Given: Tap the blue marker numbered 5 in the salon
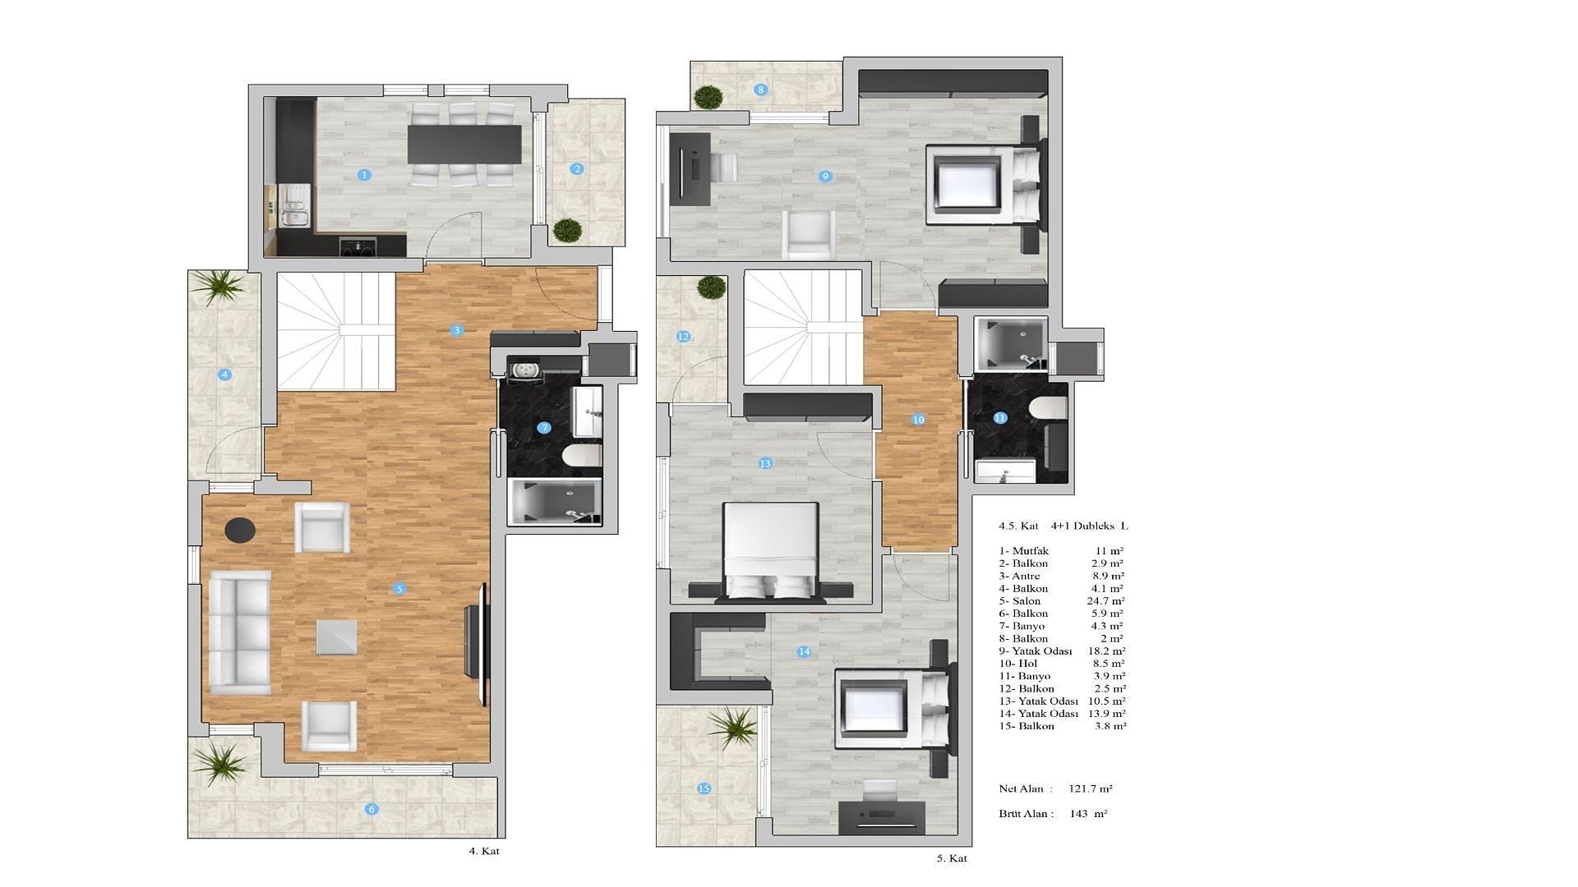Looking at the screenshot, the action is coord(399,588).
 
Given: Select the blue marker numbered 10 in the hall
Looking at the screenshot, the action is coord(918,419).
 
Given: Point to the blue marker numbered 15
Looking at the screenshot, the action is coord(704,788).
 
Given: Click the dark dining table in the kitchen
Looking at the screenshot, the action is coord(464,144).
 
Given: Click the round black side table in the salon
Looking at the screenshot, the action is coord(240,530).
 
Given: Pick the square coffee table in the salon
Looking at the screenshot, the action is coord(337,637).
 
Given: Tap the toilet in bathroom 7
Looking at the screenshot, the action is coord(583,456).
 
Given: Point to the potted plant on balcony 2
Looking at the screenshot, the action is coord(566,230).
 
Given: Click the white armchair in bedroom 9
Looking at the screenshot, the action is coord(809,235).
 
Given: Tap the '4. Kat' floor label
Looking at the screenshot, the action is coord(484,851).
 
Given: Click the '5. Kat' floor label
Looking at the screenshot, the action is coord(952,858).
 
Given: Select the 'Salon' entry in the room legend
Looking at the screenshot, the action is coord(1027,601).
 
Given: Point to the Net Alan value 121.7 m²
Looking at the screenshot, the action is coord(1091,788).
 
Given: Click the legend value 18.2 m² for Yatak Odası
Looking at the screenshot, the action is coord(1106,650).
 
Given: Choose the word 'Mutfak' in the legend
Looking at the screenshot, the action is coord(1031,551).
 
